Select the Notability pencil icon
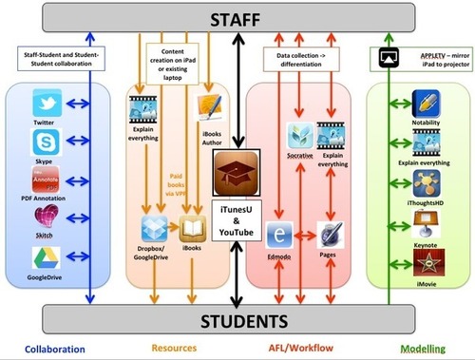(x=424, y=104)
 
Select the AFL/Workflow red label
(x=302, y=348)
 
